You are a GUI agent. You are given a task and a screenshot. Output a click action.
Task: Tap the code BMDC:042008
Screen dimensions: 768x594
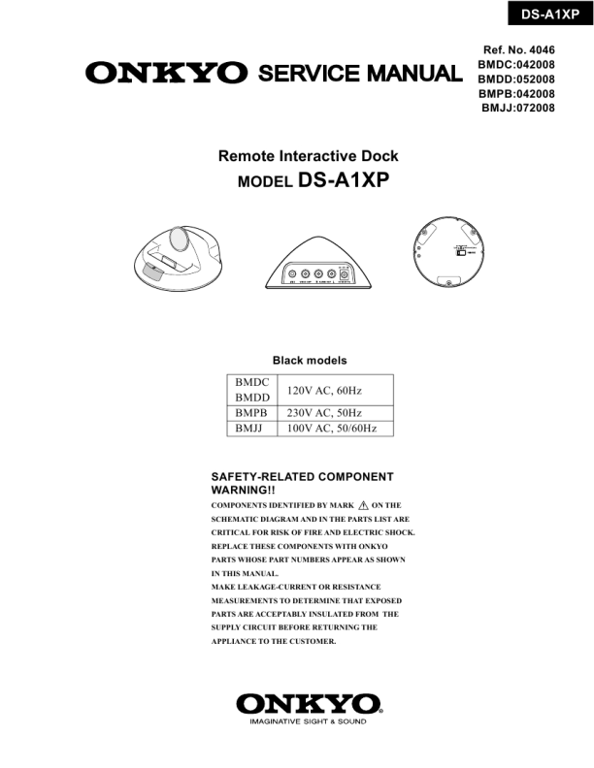516,64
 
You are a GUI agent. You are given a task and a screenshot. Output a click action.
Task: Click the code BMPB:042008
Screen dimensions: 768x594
516,93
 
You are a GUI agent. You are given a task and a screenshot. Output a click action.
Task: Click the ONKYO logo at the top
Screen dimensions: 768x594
166,73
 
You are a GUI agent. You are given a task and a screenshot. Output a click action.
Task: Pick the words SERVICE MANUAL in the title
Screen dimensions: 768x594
358,73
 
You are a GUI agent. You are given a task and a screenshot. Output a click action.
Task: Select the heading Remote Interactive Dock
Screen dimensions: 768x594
308,156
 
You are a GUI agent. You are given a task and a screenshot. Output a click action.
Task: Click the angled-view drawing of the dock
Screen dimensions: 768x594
181,256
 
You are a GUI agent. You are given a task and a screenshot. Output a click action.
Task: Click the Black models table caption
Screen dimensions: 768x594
309,360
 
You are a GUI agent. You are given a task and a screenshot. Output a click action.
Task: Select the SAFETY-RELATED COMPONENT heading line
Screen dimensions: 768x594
302,477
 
